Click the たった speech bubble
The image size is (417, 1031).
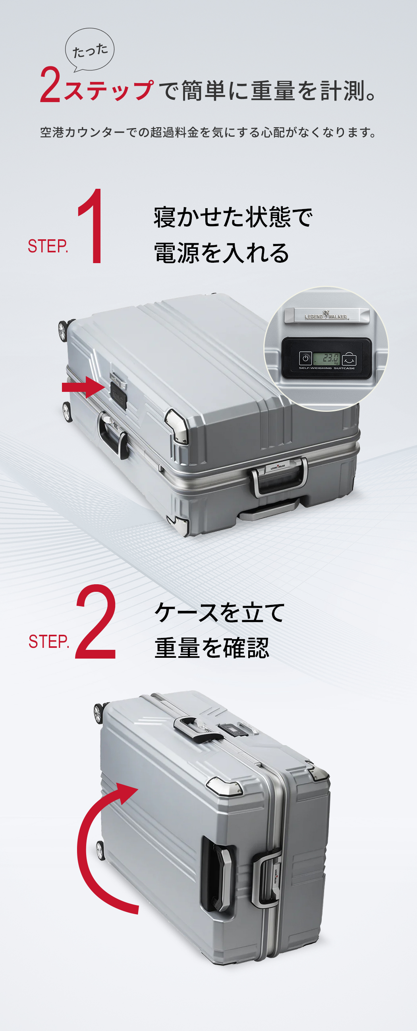[x=90, y=50]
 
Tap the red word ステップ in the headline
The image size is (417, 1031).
[x=108, y=91]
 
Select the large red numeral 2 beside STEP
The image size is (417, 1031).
[x=96, y=622]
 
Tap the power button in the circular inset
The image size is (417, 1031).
[x=305, y=358]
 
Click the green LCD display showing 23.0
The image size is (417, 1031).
[x=326, y=358]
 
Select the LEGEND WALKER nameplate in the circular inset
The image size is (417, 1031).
[x=326, y=316]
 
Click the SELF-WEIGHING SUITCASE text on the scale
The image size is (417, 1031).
[x=326, y=368]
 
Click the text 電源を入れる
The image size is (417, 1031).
[x=221, y=253]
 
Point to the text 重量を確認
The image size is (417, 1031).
[x=212, y=648]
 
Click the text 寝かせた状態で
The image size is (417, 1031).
[x=233, y=217]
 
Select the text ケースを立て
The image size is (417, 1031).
[x=220, y=612]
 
